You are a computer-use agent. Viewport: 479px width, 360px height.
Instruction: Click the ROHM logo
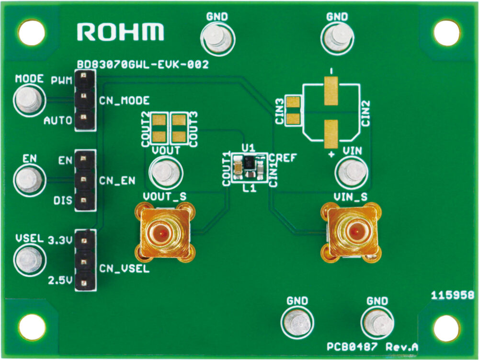pos(120,32)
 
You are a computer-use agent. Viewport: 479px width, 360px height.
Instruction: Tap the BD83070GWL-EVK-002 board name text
pos(143,65)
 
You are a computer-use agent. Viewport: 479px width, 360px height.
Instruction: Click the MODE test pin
pos(29,100)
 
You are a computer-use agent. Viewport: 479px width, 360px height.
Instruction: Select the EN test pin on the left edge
pos(29,180)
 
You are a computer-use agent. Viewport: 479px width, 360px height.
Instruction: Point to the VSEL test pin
pos(30,260)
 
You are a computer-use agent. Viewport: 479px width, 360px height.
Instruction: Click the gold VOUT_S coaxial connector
pos(165,233)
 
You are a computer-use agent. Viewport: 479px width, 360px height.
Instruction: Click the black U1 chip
pos(249,163)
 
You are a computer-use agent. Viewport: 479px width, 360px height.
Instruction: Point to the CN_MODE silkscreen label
pos(125,101)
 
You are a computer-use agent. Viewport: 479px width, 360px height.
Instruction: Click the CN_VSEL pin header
pos(85,260)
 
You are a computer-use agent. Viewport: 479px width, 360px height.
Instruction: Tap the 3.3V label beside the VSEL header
pos(60,241)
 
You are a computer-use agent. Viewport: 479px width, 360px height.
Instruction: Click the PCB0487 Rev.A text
pos(372,347)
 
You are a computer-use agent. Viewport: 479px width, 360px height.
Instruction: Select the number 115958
pos(453,295)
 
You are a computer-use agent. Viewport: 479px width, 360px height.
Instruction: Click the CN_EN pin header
pos(85,180)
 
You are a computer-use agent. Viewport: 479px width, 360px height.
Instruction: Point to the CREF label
pos(283,158)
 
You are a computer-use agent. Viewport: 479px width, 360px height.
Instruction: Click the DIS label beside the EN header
pos(63,200)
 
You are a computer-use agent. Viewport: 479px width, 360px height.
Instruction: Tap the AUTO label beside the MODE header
pos(58,120)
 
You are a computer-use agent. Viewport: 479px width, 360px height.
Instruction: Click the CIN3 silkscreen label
pos(280,111)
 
